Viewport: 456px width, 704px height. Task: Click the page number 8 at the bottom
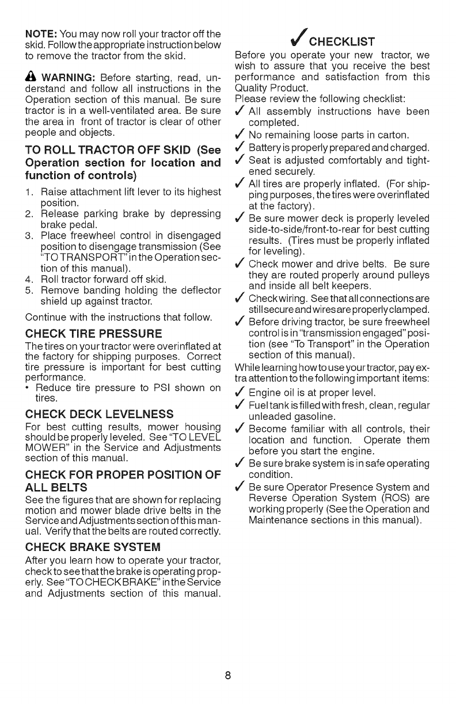click(229, 675)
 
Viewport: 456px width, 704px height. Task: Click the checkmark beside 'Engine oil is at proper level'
click(240, 393)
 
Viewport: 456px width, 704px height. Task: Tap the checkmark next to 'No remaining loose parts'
click(240, 135)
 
